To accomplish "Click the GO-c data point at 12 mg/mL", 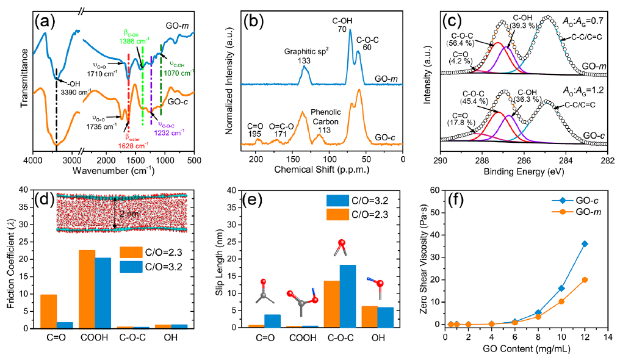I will (x=585, y=243).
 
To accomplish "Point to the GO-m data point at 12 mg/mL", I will (x=585, y=279).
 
